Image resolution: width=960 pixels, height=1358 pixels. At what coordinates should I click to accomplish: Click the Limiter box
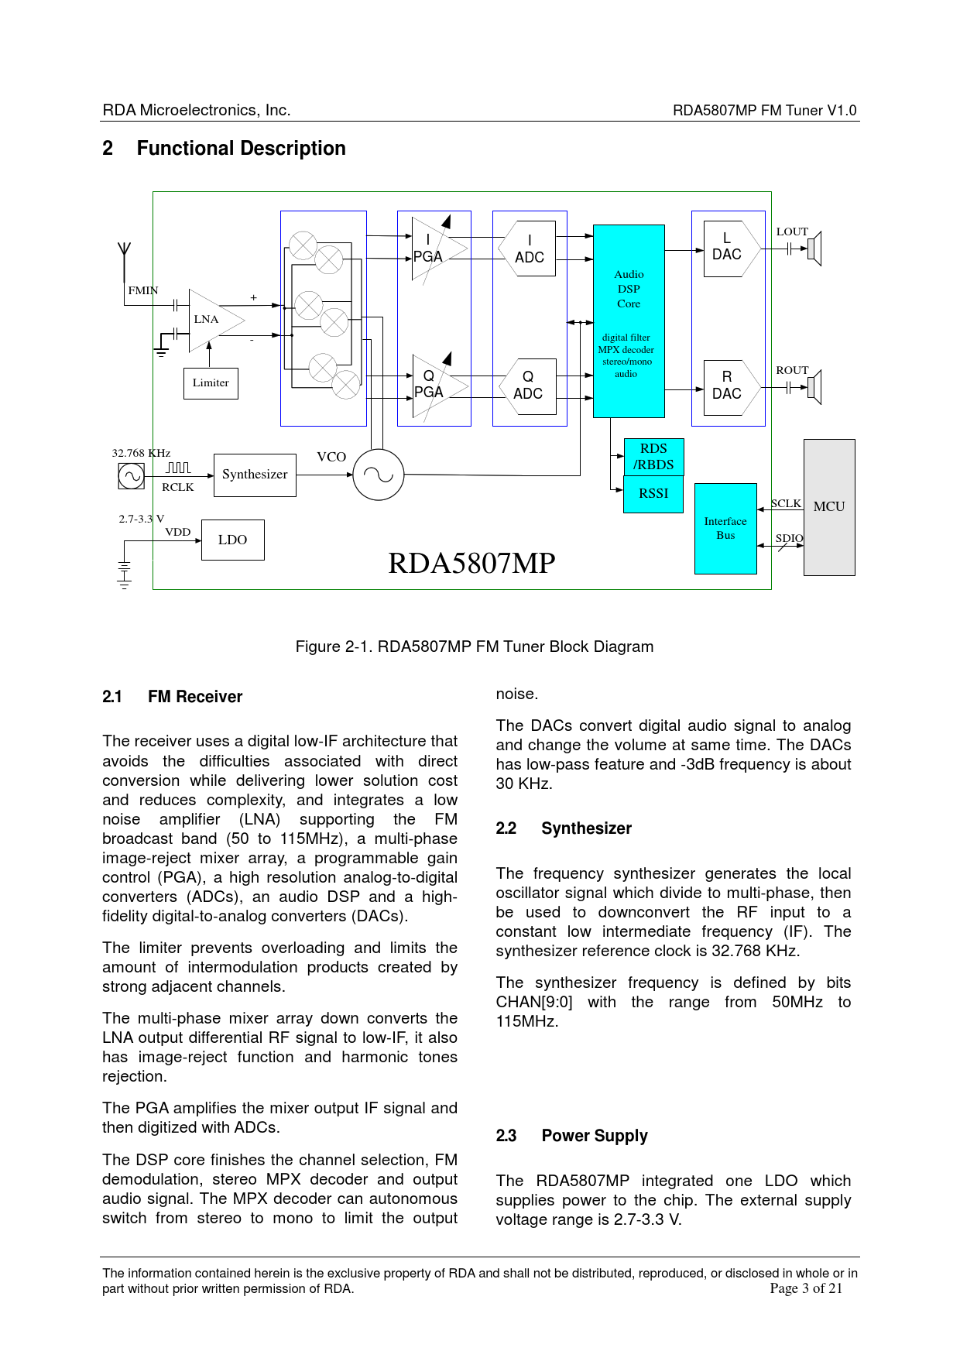[211, 383]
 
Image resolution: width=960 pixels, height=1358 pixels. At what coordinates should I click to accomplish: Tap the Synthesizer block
[255, 475]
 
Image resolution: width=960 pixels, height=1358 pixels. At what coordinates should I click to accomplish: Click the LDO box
[232, 540]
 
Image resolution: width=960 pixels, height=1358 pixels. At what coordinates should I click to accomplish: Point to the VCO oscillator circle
[379, 475]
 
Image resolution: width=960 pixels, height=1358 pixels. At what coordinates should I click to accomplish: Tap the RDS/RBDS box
[653, 457]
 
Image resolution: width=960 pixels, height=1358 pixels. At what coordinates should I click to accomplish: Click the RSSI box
[653, 494]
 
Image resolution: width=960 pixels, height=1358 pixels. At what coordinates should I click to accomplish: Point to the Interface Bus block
[725, 529]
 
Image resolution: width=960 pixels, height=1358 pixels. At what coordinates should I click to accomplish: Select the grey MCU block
[829, 507]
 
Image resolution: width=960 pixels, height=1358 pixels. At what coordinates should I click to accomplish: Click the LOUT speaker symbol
[814, 249]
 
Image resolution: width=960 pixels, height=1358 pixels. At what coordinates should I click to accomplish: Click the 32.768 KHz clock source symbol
[131, 476]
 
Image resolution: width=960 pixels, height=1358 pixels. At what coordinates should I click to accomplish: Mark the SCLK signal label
[786, 503]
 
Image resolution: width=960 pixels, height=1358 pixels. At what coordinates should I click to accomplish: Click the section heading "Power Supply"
[595, 1136]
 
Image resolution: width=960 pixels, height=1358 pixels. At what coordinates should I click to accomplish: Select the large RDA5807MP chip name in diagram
[471, 563]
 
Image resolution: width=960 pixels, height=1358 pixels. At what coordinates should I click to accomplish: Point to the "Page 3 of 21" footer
[806, 1288]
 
